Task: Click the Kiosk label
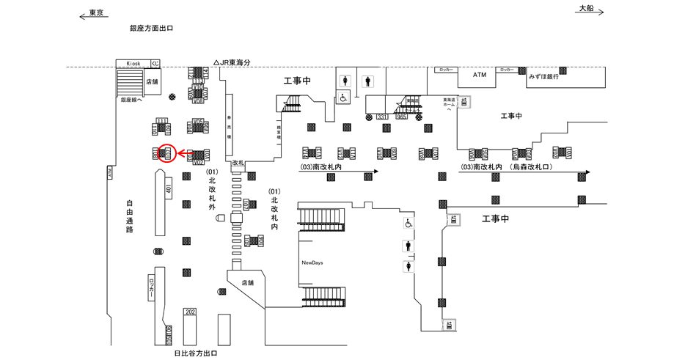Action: coord(133,64)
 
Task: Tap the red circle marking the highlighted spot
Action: coord(166,154)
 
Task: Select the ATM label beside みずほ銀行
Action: coord(480,75)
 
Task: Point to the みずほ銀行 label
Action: coord(544,76)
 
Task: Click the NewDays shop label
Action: coord(312,262)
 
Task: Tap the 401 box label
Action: coord(169,189)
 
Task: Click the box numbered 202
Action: coord(190,312)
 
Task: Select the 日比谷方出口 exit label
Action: coord(196,353)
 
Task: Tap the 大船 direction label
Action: coord(586,8)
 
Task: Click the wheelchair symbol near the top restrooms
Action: coord(343,98)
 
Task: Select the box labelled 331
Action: coord(381,117)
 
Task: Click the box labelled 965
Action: coord(401,117)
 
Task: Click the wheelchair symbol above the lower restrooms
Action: coord(408,223)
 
